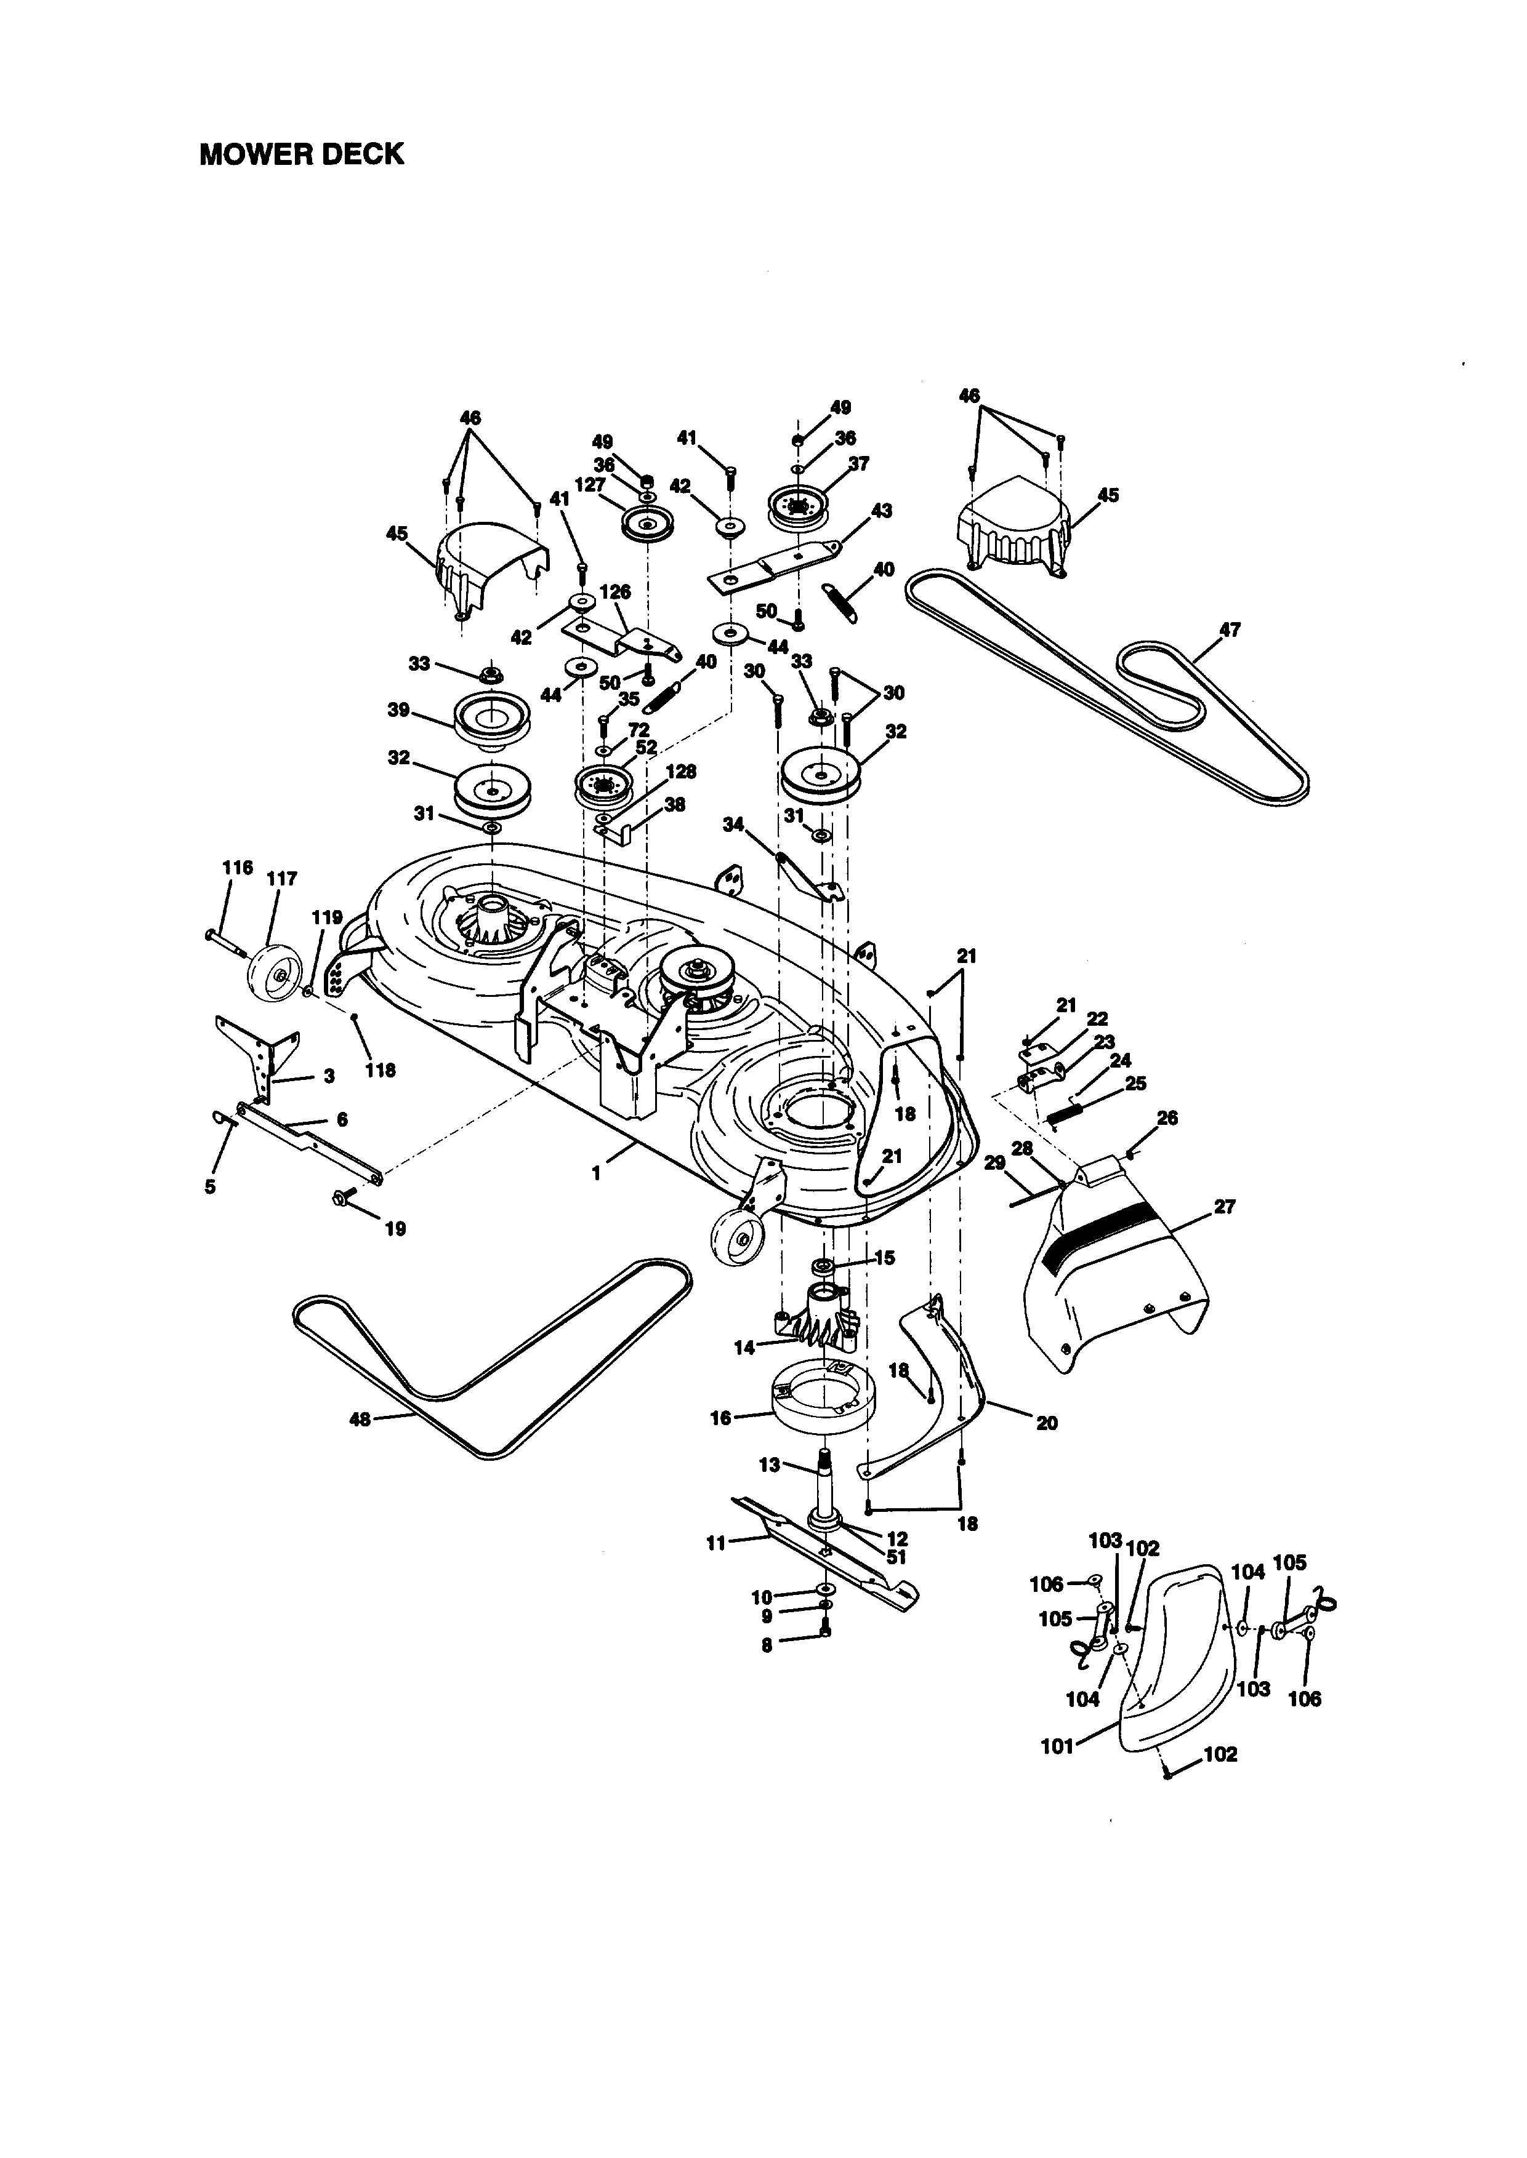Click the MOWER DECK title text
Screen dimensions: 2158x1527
click(301, 154)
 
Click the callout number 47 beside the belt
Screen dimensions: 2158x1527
click(1229, 629)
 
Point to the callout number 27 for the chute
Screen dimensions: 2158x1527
click(1224, 1206)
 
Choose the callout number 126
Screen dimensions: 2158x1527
click(615, 592)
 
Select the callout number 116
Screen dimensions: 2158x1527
click(238, 868)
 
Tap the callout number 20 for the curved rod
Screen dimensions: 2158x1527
click(1047, 1423)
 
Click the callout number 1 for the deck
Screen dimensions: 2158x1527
click(595, 1174)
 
